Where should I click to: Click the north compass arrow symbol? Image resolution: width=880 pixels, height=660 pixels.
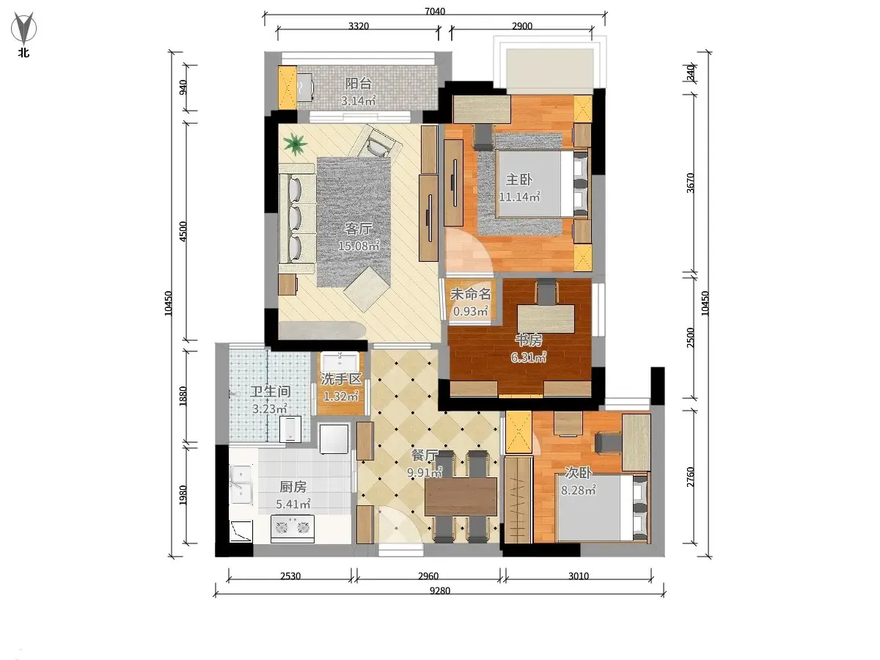[x=23, y=28]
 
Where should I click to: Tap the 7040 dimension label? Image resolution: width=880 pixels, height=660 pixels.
[x=435, y=11]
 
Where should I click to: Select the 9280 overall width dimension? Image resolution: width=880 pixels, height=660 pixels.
[x=440, y=590]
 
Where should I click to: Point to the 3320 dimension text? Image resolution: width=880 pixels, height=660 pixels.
[x=359, y=26]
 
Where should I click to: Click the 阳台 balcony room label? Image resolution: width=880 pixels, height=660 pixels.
[x=359, y=84]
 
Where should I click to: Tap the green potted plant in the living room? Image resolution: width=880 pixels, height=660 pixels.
[x=296, y=144]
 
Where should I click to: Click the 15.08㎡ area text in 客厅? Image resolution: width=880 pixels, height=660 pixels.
[x=359, y=246]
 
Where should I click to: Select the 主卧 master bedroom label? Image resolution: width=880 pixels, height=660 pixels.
[x=519, y=180]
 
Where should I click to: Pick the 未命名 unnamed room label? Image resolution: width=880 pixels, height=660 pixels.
[x=471, y=294]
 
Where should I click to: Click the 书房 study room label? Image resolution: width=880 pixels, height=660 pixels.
[x=529, y=340]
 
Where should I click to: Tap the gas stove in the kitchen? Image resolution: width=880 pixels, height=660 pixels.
[x=293, y=529]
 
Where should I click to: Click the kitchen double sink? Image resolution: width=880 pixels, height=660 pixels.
[x=241, y=485]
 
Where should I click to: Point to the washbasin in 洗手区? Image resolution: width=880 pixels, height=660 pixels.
[x=341, y=362]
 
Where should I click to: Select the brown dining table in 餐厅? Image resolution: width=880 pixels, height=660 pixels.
[x=461, y=497]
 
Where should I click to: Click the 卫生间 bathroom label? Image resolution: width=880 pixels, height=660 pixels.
[x=270, y=392]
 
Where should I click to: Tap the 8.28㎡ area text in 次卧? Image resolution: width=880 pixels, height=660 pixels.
[x=578, y=490]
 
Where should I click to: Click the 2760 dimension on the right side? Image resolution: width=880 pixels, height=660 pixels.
[x=690, y=477]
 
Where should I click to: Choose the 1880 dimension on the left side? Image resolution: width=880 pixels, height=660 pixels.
[x=183, y=396]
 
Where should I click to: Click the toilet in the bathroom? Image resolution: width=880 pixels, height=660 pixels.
[x=290, y=428]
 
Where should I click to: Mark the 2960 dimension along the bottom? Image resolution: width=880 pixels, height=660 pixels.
[x=428, y=576]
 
